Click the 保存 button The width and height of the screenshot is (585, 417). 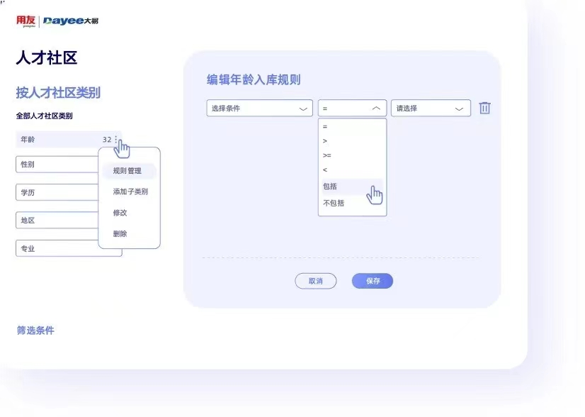[373, 282]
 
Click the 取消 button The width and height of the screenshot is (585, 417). [315, 282]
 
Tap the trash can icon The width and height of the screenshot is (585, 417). [484, 108]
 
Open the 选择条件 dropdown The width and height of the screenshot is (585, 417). [259, 109]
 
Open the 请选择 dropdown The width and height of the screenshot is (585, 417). [431, 109]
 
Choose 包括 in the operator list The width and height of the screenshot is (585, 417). [331, 187]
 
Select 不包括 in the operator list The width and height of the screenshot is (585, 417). [334, 204]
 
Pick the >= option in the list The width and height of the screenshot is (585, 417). [327, 155]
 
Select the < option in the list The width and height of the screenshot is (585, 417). [325, 170]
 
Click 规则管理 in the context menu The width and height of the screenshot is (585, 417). [127, 171]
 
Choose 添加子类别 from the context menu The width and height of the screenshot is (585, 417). [130, 191]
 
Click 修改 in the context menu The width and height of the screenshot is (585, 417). [120, 213]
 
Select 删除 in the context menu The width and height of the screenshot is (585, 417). [120, 234]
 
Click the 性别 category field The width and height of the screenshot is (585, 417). [57, 165]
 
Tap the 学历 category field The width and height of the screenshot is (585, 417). [57, 192]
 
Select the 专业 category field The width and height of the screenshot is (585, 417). [57, 249]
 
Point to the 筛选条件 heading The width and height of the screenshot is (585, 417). [35, 330]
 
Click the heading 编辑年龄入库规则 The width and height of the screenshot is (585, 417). [254, 79]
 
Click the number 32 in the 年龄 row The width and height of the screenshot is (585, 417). [106, 140]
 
